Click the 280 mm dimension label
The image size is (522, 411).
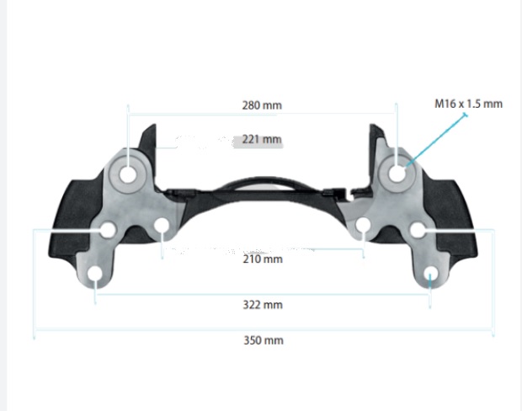coord(262,105)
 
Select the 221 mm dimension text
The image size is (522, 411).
coord(262,139)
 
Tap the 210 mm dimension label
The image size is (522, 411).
coord(263,259)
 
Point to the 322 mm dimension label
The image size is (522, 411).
coord(263,305)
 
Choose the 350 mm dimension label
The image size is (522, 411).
coord(264,340)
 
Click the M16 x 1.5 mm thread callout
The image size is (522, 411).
coord(468,104)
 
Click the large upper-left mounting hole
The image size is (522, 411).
coord(128,174)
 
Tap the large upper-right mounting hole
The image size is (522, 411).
coord(397,173)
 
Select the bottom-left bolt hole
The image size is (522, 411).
coord(95,274)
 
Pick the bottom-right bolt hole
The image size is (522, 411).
coord(431,274)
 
